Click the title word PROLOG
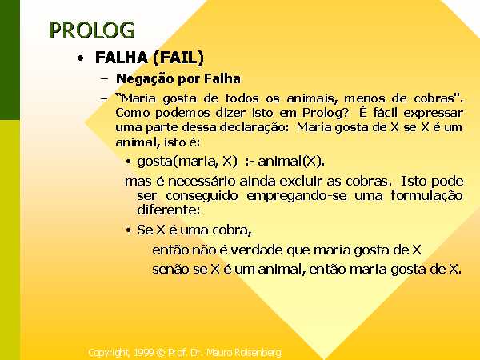92,30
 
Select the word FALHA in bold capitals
122,58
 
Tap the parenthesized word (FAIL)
178,58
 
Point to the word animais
312,98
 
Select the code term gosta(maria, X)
187,162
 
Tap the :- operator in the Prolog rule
250,162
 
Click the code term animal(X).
291,162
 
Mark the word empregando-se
297,196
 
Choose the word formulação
426,196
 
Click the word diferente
168,210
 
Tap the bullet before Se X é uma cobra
129,230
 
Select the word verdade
257,250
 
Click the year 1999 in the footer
143,352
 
